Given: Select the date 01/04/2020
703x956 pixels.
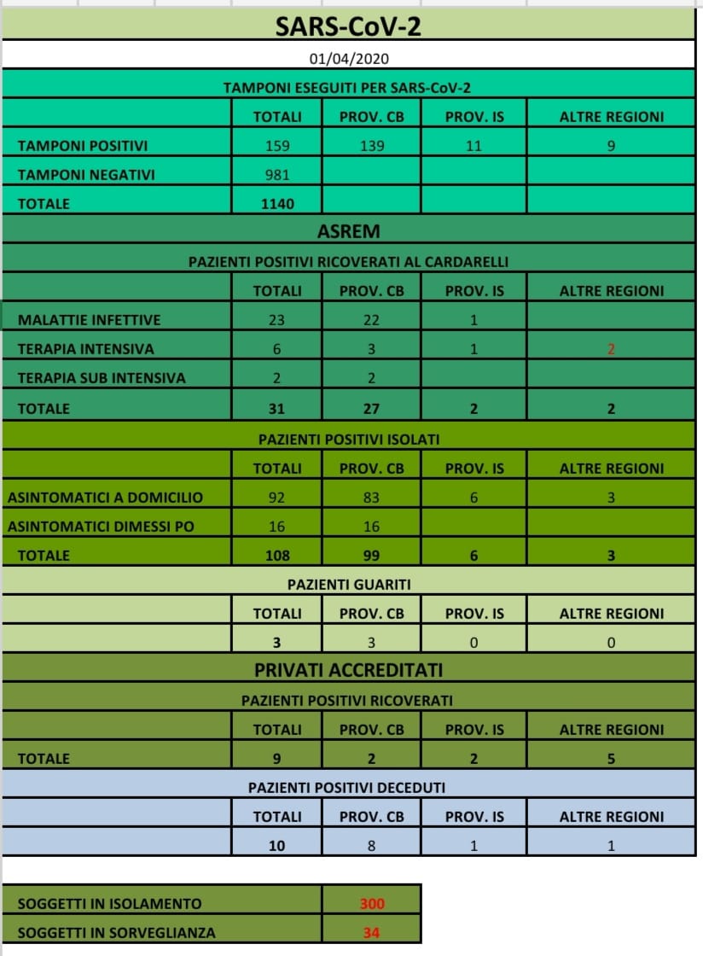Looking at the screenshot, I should [350, 60].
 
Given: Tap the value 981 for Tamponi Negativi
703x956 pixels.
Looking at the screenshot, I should [277, 175].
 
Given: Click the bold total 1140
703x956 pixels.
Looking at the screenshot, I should [277, 204].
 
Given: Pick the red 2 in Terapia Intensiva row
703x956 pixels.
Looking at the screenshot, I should [611, 349].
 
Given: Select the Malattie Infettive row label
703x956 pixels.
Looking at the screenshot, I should [89, 320].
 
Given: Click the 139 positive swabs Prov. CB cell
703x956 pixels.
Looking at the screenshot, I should [371, 146].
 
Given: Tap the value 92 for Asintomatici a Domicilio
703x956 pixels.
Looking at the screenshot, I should [277, 498].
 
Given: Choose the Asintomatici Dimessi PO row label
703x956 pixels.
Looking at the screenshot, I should [101, 527].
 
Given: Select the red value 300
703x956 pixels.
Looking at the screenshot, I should [371, 904].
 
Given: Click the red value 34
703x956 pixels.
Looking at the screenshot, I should [371, 933].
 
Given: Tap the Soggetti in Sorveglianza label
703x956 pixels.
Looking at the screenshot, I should [116, 933].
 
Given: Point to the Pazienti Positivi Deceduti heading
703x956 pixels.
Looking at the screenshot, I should [346, 787].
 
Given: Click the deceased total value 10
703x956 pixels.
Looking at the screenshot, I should [277, 846].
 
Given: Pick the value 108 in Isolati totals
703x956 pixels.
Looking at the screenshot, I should [277, 556].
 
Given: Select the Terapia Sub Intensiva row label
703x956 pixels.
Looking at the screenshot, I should [102, 378].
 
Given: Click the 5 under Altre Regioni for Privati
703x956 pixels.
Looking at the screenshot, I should [611, 759].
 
